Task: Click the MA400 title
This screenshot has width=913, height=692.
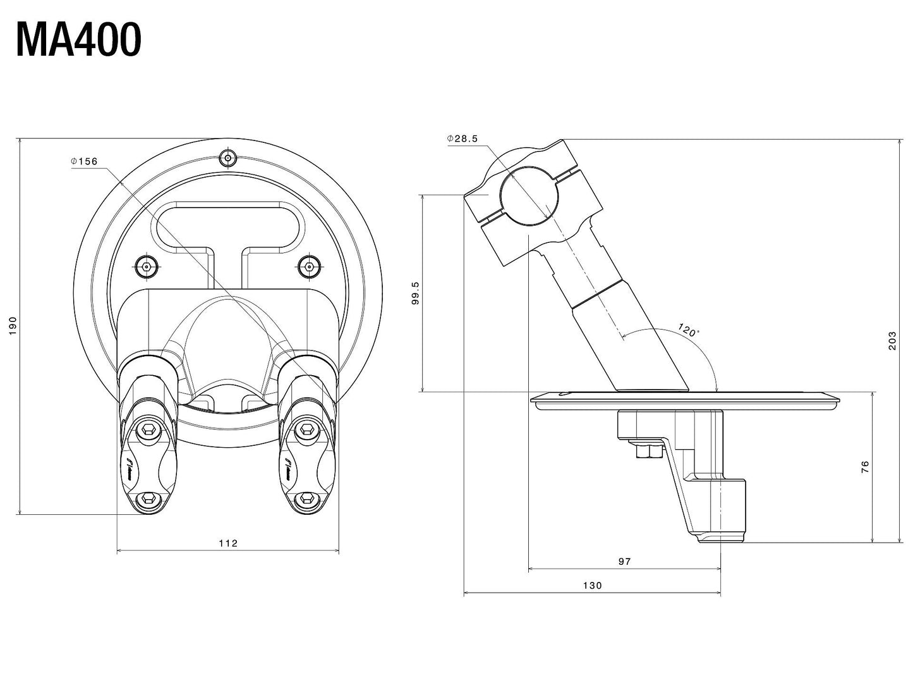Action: pyautogui.click(x=78, y=40)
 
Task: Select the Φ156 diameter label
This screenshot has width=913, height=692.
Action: pyautogui.click(x=85, y=161)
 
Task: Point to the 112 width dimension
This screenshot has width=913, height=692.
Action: pyautogui.click(x=227, y=543)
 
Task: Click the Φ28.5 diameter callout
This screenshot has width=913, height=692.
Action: pyautogui.click(x=463, y=139)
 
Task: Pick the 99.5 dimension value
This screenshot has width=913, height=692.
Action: pyautogui.click(x=414, y=293)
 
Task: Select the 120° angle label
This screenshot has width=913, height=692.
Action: pyautogui.click(x=688, y=330)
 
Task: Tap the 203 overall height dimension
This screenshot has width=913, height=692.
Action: pyautogui.click(x=892, y=341)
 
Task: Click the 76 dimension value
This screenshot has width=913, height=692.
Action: pyautogui.click(x=865, y=467)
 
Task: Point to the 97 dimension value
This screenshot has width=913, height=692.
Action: pyautogui.click(x=624, y=561)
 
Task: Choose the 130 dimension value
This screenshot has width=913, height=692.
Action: pyautogui.click(x=592, y=585)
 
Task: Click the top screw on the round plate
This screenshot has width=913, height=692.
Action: pyautogui.click(x=227, y=158)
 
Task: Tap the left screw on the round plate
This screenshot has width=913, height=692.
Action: pyautogui.click(x=147, y=267)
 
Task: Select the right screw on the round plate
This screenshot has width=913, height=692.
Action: pyautogui.click(x=308, y=267)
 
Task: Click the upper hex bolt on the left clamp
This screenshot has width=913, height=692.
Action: pyautogui.click(x=150, y=430)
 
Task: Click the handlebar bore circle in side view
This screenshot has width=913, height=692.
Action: pyautogui.click(x=529, y=195)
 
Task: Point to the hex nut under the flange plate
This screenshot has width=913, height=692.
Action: pyautogui.click(x=646, y=451)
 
